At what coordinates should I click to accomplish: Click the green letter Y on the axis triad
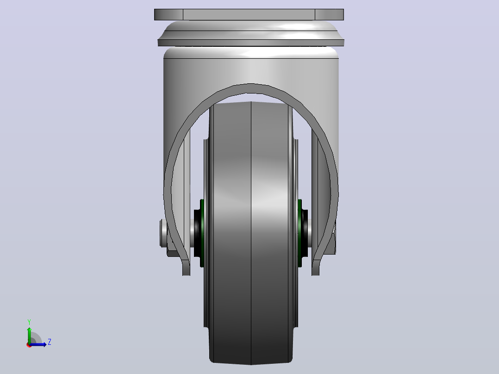click(29, 322)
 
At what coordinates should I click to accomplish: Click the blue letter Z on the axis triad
click(50, 342)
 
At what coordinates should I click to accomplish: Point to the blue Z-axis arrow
click(38, 344)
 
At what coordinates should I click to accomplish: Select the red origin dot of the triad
click(29, 345)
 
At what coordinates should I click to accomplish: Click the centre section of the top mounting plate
click(249, 15)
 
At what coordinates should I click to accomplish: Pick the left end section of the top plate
click(168, 15)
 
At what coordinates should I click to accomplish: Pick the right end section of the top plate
click(330, 15)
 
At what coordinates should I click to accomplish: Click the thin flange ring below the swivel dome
click(251, 43)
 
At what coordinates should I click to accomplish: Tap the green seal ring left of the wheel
click(202, 233)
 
